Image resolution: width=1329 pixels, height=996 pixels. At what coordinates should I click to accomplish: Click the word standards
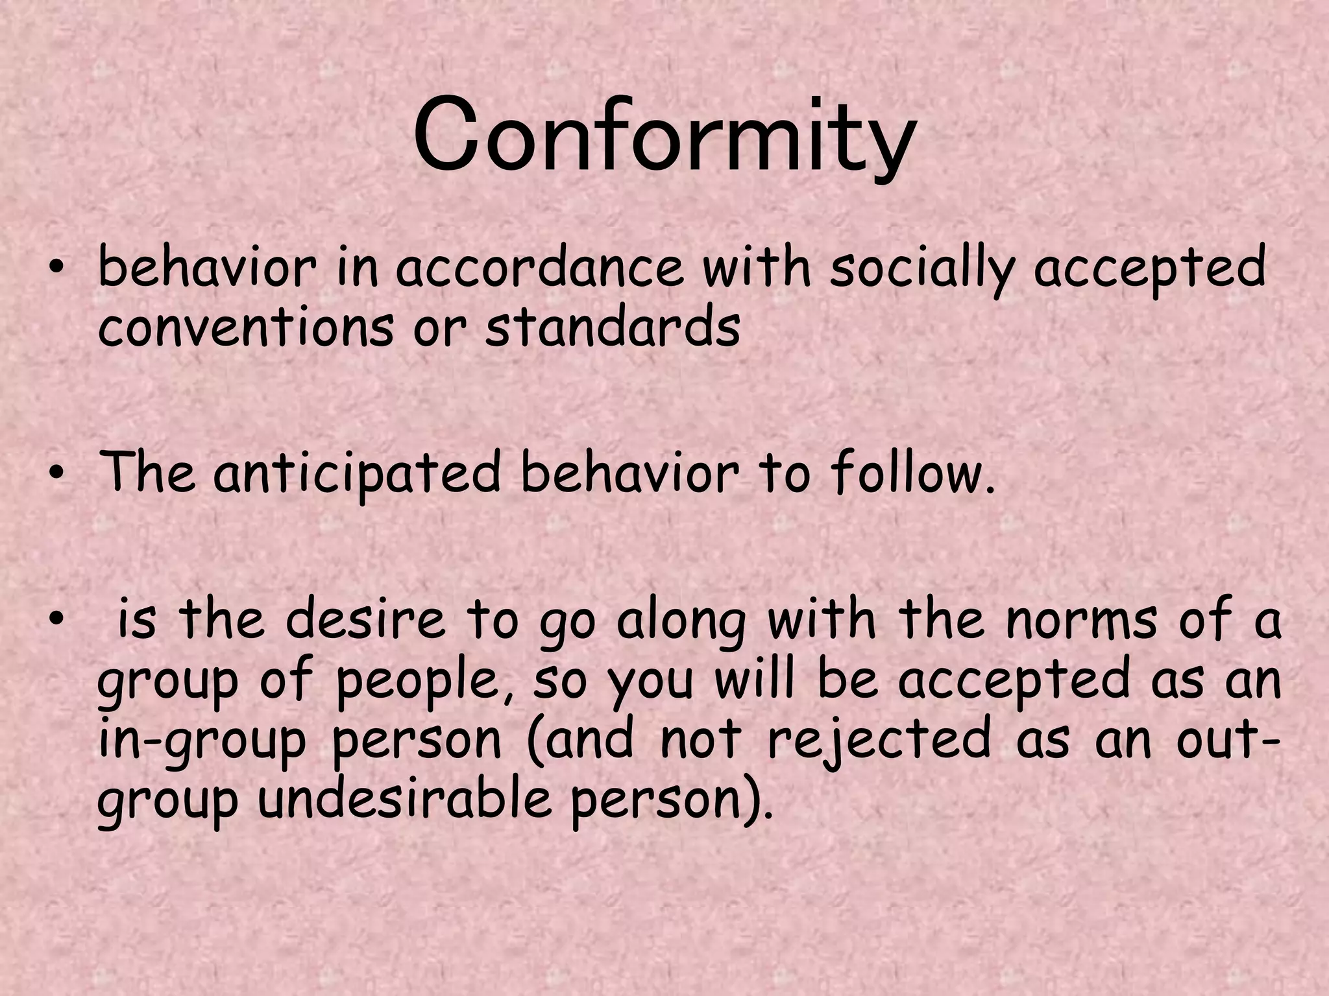[x=613, y=327]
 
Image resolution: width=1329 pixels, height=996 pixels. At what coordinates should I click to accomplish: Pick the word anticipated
[x=358, y=473]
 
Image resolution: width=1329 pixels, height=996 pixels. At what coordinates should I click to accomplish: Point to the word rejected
[x=879, y=740]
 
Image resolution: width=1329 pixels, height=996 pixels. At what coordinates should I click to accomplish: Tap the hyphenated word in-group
[x=202, y=740]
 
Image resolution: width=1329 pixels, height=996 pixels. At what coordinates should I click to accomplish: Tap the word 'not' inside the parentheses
[x=701, y=740]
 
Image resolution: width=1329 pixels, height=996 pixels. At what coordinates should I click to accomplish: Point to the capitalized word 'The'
[x=147, y=473]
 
